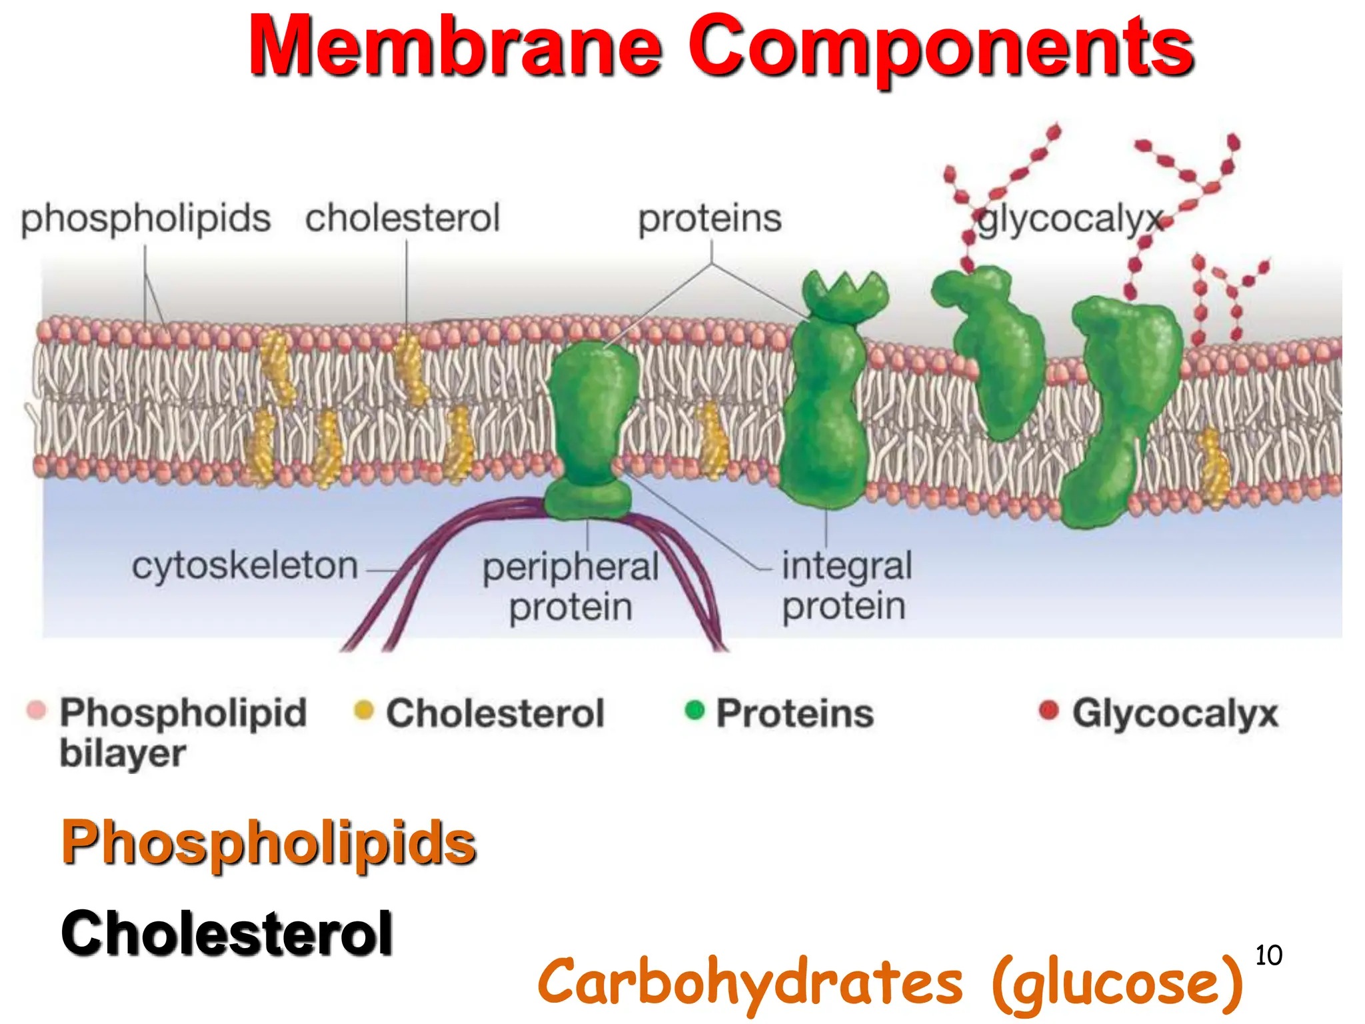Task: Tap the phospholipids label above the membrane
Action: click(x=145, y=218)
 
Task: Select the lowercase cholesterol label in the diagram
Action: click(x=403, y=218)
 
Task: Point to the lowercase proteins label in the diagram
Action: click(x=710, y=218)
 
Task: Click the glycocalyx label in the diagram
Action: click(x=1069, y=218)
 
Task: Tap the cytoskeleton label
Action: click(x=245, y=566)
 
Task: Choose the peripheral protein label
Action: click(x=571, y=587)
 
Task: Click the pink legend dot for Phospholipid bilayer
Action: click(x=36, y=710)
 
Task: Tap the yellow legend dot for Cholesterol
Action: click(x=364, y=710)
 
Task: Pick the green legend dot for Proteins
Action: click(x=694, y=710)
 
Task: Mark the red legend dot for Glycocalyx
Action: click(x=1048, y=710)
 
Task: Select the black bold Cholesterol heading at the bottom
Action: click(x=227, y=933)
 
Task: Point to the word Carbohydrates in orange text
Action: click(x=750, y=981)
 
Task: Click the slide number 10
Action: click(x=1268, y=955)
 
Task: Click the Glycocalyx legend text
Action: click(x=1174, y=713)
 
